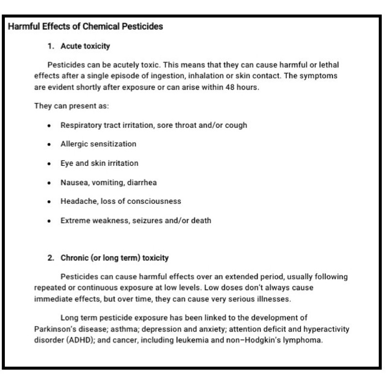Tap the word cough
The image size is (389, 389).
tap(236, 125)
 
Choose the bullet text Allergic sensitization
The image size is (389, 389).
tap(98, 144)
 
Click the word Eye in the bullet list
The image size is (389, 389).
tap(67, 163)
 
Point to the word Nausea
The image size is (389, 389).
tap(73, 182)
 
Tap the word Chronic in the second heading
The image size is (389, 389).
tap(74, 258)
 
